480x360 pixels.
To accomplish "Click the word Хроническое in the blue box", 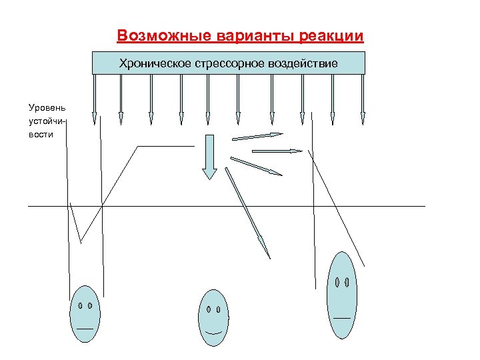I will coord(155,64).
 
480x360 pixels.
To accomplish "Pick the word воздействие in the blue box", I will coord(301,64).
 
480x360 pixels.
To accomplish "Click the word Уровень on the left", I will coord(43,107).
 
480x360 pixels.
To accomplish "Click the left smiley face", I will coord(85,314).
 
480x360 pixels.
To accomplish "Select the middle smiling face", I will coord(213,319).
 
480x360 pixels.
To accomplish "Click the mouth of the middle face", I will coord(213,331).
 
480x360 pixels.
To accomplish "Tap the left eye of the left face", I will coord(79,305).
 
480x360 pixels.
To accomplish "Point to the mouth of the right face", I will coord(342,317).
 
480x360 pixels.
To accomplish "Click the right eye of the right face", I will coord(347,281).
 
